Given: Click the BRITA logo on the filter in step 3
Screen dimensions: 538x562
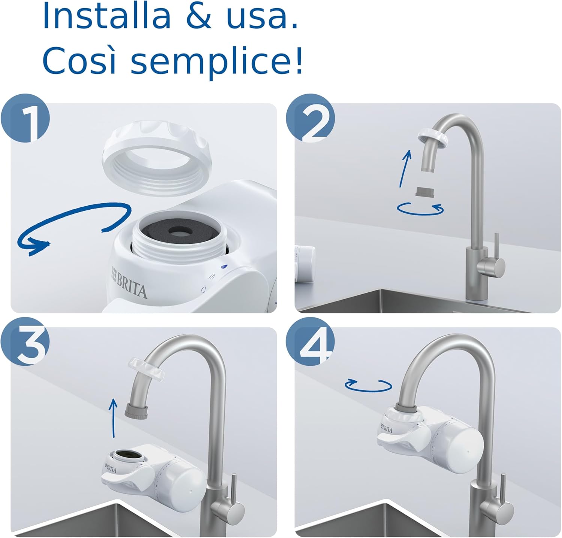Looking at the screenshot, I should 111,468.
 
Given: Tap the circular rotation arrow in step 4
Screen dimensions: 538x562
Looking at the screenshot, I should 368,385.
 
